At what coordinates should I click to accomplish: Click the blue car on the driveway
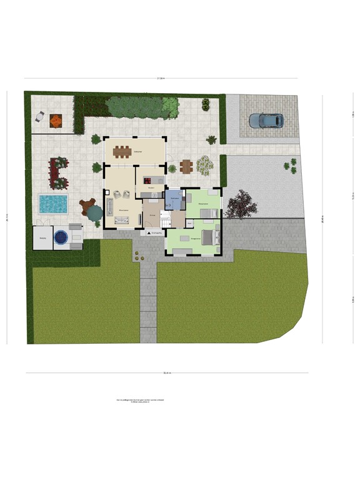266,120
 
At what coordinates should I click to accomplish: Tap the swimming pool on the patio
52,204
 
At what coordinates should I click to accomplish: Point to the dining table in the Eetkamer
135,152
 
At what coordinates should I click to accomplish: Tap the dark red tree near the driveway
240,205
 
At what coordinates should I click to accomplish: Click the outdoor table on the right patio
186,166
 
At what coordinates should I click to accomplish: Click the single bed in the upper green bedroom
209,213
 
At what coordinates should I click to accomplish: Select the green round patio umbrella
94,214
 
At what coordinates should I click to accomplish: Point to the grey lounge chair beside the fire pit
39,116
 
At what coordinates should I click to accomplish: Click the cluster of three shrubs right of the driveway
290,166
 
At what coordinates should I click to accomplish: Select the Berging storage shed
43,238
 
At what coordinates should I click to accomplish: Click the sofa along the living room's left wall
109,205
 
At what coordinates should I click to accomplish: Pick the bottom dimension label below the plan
166,373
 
